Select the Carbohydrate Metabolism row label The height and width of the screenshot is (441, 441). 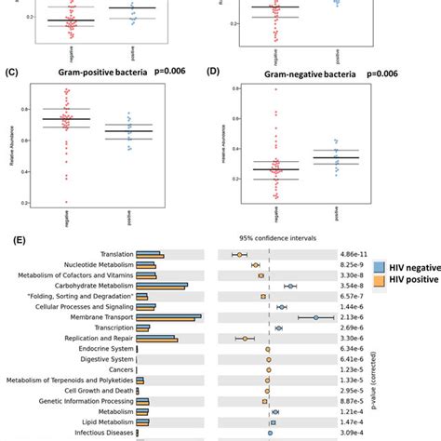[89, 286]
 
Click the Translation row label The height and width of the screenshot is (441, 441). [112, 254]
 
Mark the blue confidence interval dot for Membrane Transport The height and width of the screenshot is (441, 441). [316, 317]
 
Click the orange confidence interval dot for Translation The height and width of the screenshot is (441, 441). [239, 254]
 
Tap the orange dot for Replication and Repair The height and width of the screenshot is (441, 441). [245, 339]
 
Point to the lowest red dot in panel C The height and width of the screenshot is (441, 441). [65, 202]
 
